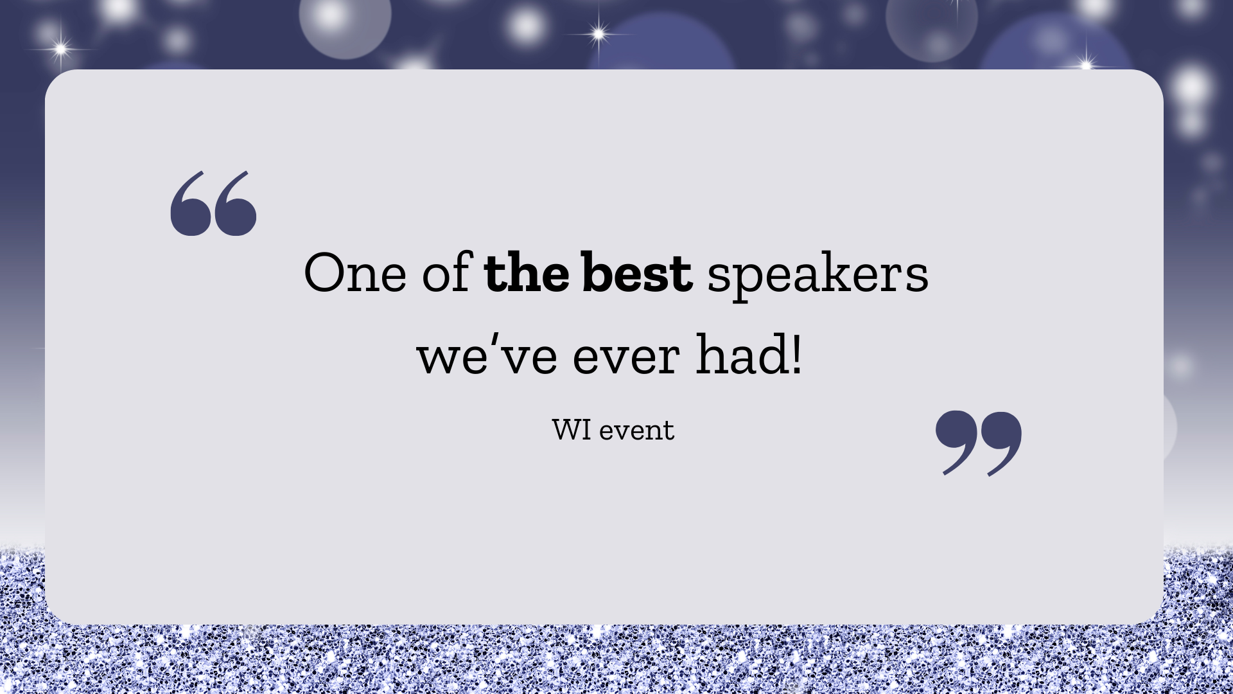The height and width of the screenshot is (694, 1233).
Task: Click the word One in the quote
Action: (x=355, y=273)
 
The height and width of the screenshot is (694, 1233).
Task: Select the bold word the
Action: (x=527, y=272)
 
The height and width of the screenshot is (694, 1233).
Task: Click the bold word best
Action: (x=637, y=272)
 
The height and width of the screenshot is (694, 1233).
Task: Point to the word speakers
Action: (x=818, y=276)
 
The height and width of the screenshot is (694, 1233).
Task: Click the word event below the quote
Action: (x=636, y=431)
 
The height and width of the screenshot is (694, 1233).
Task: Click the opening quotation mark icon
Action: (x=213, y=203)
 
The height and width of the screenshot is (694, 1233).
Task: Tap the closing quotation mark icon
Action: (x=979, y=443)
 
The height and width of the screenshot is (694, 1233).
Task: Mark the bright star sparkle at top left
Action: (x=61, y=48)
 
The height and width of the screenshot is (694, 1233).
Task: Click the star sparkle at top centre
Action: (x=599, y=33)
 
